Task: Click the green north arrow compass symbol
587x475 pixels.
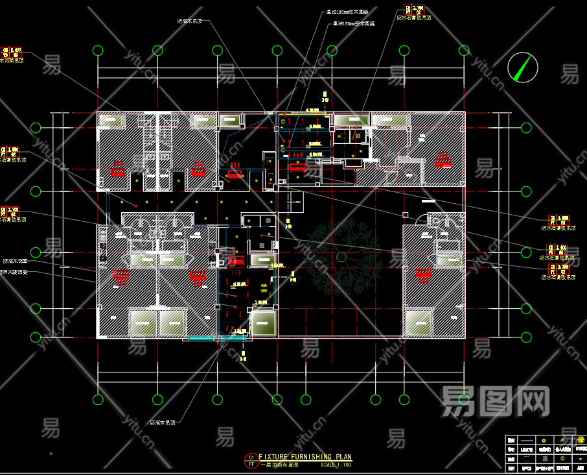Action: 523,66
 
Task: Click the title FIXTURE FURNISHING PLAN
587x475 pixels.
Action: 305,457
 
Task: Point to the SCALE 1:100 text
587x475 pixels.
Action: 336,465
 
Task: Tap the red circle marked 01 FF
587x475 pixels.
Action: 251,461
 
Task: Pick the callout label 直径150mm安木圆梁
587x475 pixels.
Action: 353,24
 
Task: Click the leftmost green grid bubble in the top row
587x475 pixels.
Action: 98,51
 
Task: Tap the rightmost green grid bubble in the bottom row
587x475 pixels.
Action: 463,399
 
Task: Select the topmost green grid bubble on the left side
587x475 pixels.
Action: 35,125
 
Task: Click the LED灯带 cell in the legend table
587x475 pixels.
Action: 527,450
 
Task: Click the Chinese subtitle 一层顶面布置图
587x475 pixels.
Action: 279,465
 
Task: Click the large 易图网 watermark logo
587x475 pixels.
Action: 496,400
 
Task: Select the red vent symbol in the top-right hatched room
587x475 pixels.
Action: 444,160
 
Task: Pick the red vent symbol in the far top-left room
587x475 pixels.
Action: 118,167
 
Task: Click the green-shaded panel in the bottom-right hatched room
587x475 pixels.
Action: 419,323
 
